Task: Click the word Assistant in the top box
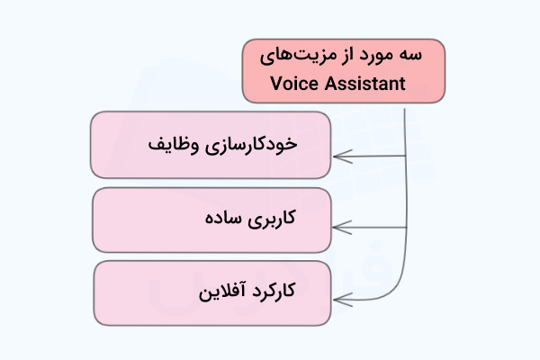click(x=364, y=84)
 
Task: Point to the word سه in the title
click(x=410, y=55)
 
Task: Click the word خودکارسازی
click(x=251, y=145)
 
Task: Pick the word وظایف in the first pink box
click(x=174, y=145)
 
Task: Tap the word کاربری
click(x=272, y=219)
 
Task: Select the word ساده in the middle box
click(x=223, y=219)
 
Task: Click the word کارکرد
click(x=274, y=291)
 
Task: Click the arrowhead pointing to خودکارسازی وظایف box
click(x=342, y=157)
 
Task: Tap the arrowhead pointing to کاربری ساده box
click(x=342, y=228)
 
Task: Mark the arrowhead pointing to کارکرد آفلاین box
click(x=343, y=300)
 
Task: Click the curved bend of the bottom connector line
click(x=396, y=289)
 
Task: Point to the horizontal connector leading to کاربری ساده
click(x=370, y=228)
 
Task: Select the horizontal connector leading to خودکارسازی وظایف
click(x=370, y=157)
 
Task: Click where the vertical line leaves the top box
click(x=405, y=109)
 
